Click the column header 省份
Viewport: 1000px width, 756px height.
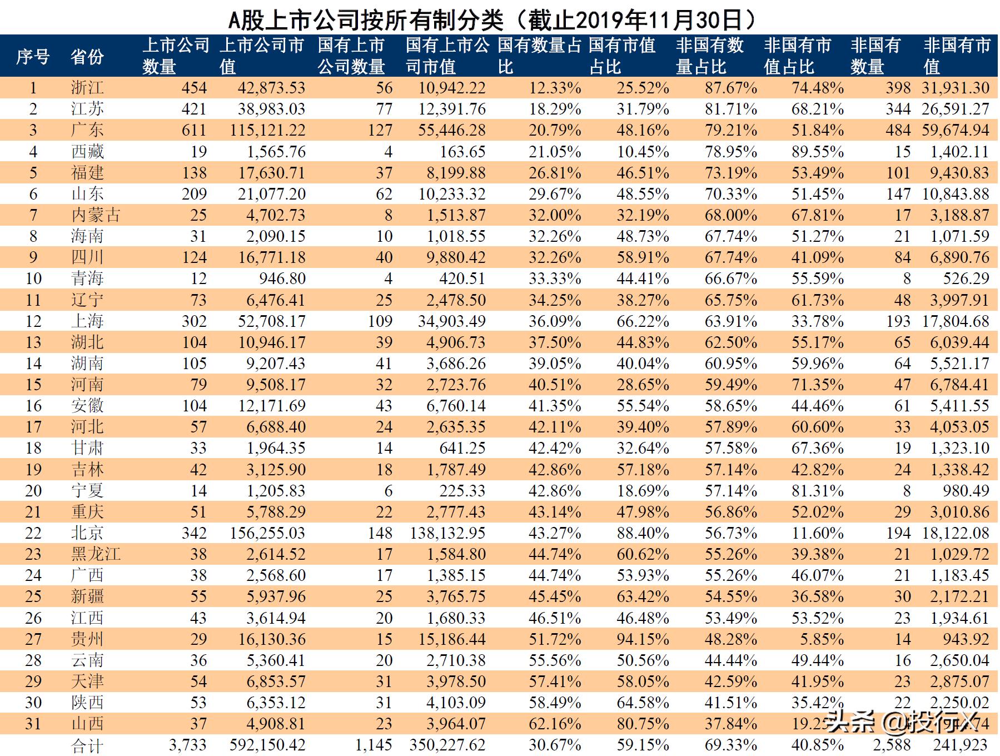(87, 56)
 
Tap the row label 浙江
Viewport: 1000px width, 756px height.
(87, 88)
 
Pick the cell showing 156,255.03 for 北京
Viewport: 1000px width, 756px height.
(267, 533)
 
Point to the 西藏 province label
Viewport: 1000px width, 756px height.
(87, 151)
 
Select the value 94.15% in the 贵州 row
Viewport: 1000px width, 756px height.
(643, 639)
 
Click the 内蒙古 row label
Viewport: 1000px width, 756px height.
(96, 215)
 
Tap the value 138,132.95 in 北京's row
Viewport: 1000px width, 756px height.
(447, 533)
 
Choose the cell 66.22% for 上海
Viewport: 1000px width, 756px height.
(643, 321)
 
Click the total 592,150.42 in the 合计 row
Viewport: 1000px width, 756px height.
(267, 745)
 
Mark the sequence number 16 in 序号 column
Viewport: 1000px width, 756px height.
(33, 406)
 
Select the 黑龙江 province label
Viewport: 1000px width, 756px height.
(96, 554)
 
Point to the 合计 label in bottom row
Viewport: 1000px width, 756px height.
(87, 746)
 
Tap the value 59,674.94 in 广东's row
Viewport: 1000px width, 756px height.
(955, 130)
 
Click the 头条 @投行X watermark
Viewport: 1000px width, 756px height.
(901, 722)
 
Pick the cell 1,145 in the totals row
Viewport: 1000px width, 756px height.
(374, 745)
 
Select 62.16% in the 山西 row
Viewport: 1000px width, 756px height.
(555, 724)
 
